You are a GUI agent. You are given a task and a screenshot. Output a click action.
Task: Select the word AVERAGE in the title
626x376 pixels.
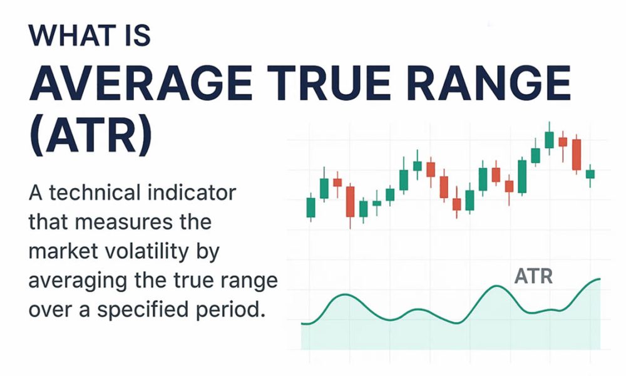141,85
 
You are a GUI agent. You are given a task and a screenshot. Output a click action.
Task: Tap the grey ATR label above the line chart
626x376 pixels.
533,276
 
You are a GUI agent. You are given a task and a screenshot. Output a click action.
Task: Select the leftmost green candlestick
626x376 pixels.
310,207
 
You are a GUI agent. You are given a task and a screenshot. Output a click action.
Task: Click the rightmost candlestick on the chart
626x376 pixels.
590,174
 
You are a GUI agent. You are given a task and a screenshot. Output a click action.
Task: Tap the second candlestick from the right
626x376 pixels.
577,155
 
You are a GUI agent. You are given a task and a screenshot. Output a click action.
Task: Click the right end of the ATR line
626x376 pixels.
600,279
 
